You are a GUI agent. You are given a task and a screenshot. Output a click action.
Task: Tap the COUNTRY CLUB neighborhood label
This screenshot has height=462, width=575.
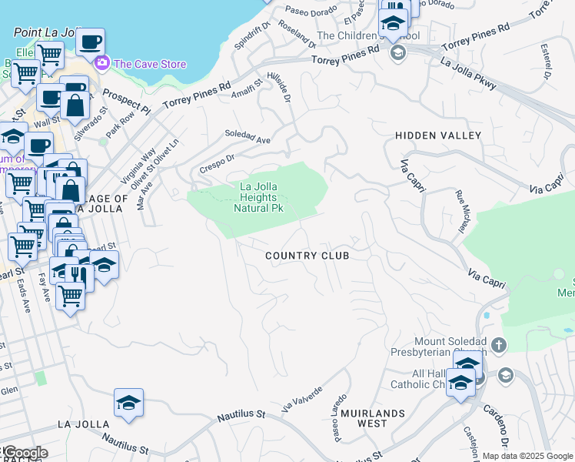click(307, 256)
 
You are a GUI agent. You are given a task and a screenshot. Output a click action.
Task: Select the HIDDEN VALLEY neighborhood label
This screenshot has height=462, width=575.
click(438, 136)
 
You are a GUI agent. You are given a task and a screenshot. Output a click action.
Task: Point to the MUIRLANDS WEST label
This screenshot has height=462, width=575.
click(374, 419)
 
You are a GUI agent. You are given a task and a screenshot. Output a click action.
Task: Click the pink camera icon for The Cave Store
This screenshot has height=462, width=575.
click(101, 62)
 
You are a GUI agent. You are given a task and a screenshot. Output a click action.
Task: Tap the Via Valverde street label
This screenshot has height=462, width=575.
click(300, 398)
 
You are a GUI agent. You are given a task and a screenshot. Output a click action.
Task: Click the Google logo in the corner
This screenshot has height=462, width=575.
click(25, 453)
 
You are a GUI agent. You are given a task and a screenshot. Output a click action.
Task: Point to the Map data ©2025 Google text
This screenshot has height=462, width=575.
click(527, 456)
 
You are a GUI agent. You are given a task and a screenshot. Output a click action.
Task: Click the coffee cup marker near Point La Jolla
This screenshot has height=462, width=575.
click(90, 40)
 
